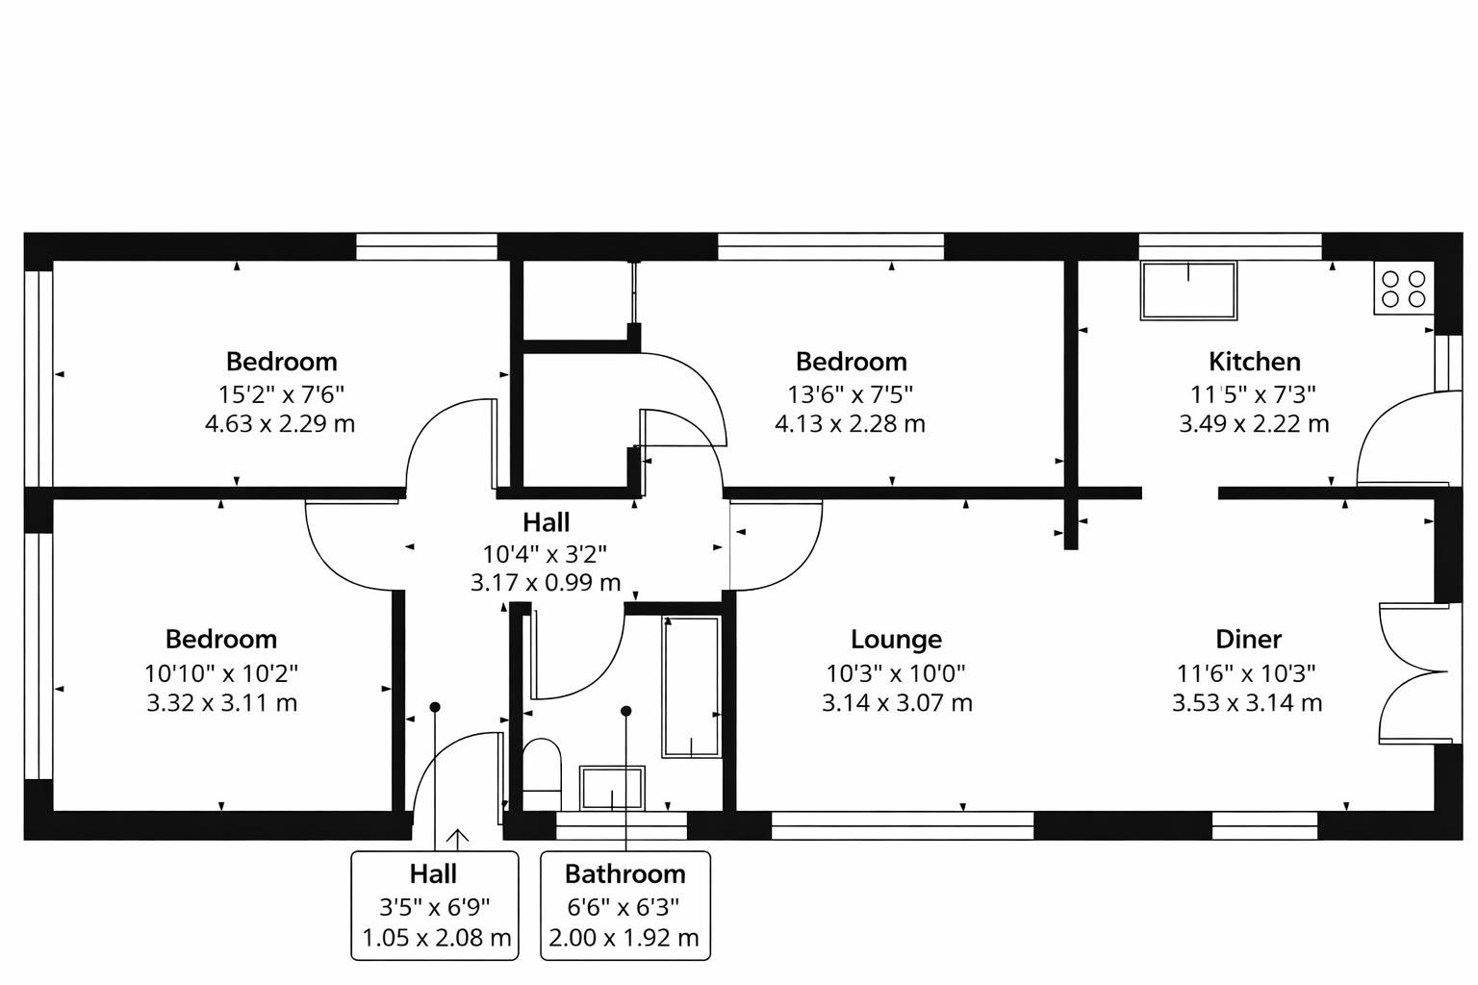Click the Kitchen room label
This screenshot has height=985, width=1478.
1254,362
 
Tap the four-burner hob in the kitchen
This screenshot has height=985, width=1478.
1403,289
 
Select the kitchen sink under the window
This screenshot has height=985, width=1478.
1188,290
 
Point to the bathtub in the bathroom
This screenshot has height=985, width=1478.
691,687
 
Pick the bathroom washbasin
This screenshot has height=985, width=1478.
612,788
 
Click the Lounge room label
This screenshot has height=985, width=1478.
896,639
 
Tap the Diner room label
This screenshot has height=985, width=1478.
1248,639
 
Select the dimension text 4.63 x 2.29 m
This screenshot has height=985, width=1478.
280,423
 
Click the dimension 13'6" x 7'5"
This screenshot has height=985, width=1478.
851,393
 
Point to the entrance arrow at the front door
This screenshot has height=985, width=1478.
457,838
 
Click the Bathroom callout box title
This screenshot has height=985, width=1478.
624,874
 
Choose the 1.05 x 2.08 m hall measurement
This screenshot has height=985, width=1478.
436,937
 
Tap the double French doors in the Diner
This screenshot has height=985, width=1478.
1413,673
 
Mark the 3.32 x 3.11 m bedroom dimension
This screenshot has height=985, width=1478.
221,703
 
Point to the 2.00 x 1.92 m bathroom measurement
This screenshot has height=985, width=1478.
624,937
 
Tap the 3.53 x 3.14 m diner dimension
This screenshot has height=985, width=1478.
1247,703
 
